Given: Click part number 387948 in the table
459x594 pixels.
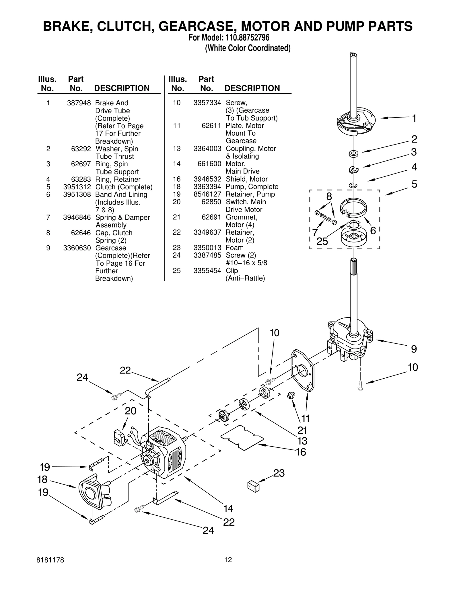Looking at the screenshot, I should click(79, 103).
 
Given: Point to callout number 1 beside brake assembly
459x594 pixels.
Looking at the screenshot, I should click(414, 118).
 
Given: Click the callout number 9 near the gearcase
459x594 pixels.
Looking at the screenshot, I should click(414, 349).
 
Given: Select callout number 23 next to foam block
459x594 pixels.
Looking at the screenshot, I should click(279, 473).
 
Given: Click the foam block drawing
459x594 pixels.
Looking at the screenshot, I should click(253, 487).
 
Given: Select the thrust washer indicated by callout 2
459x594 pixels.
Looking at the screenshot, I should click(354, 154).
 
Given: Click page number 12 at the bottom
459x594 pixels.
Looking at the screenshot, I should click(228, 560).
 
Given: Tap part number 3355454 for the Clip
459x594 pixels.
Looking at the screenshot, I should click(207, 271).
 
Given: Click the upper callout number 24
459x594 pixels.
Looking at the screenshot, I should click(82, 377).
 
